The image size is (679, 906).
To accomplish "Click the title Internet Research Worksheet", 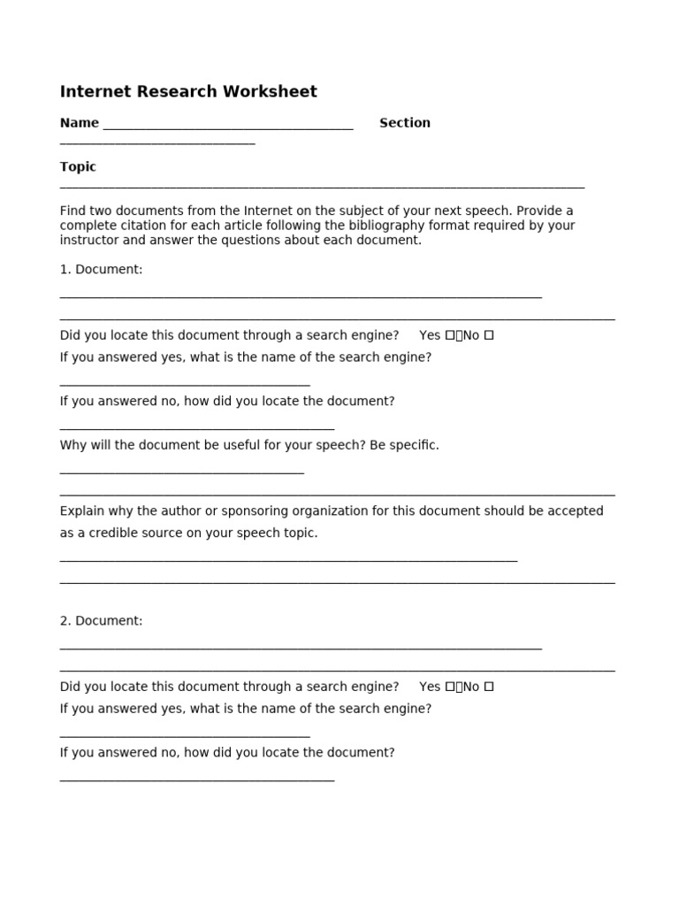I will click(188, 92).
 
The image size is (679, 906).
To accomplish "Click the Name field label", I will click(80, 123).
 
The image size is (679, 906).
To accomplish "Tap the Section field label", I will click(405, 123).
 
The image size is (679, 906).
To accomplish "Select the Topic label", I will click(78, 166).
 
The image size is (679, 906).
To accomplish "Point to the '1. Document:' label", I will click(101, 269).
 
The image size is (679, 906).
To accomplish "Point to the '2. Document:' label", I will click(101, 621).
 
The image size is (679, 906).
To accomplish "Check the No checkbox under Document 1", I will click(489, 335).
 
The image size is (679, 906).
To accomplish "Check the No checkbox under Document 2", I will click(489, 687).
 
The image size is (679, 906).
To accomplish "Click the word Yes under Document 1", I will click(430, 335).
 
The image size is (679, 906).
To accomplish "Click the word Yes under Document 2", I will click(430, 687).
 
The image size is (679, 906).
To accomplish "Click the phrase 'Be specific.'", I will click(404, 445).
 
